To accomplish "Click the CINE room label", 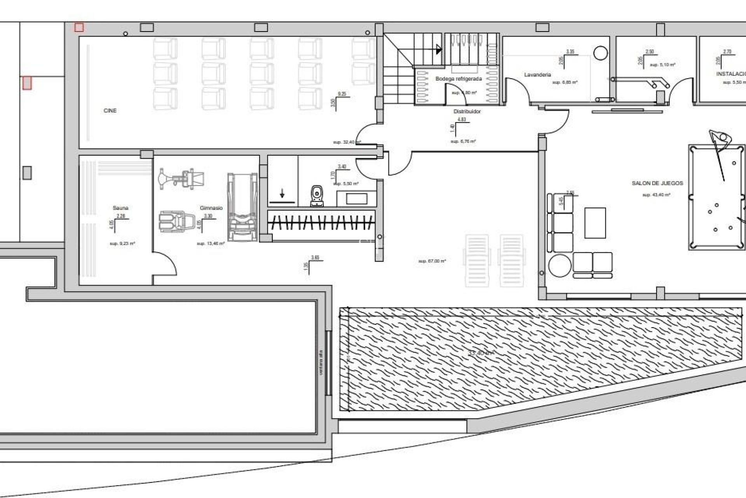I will pos(110,111).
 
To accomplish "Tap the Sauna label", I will pos(120,208).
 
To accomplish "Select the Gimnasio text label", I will pos(211,208).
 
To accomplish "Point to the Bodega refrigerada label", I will pos(458,79).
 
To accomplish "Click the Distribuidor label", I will pos(467,112).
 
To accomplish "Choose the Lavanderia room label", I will pos(537,75).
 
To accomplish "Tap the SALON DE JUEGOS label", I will pos(657,183).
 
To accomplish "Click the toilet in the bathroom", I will pos(317,195).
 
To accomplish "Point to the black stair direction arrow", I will pos(439,49).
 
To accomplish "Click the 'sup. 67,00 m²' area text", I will pos(432,261).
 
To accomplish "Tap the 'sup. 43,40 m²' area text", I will pos(656,195).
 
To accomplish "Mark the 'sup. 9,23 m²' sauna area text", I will pos(122,244).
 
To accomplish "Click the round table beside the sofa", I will pos(560,265).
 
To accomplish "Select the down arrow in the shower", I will pos(282,193).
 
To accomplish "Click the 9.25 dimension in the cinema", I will pos(342,94).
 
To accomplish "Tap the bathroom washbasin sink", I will pos(356,198).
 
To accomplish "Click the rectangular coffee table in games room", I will pos(595,223).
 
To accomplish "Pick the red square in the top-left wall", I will pos(79,27).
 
